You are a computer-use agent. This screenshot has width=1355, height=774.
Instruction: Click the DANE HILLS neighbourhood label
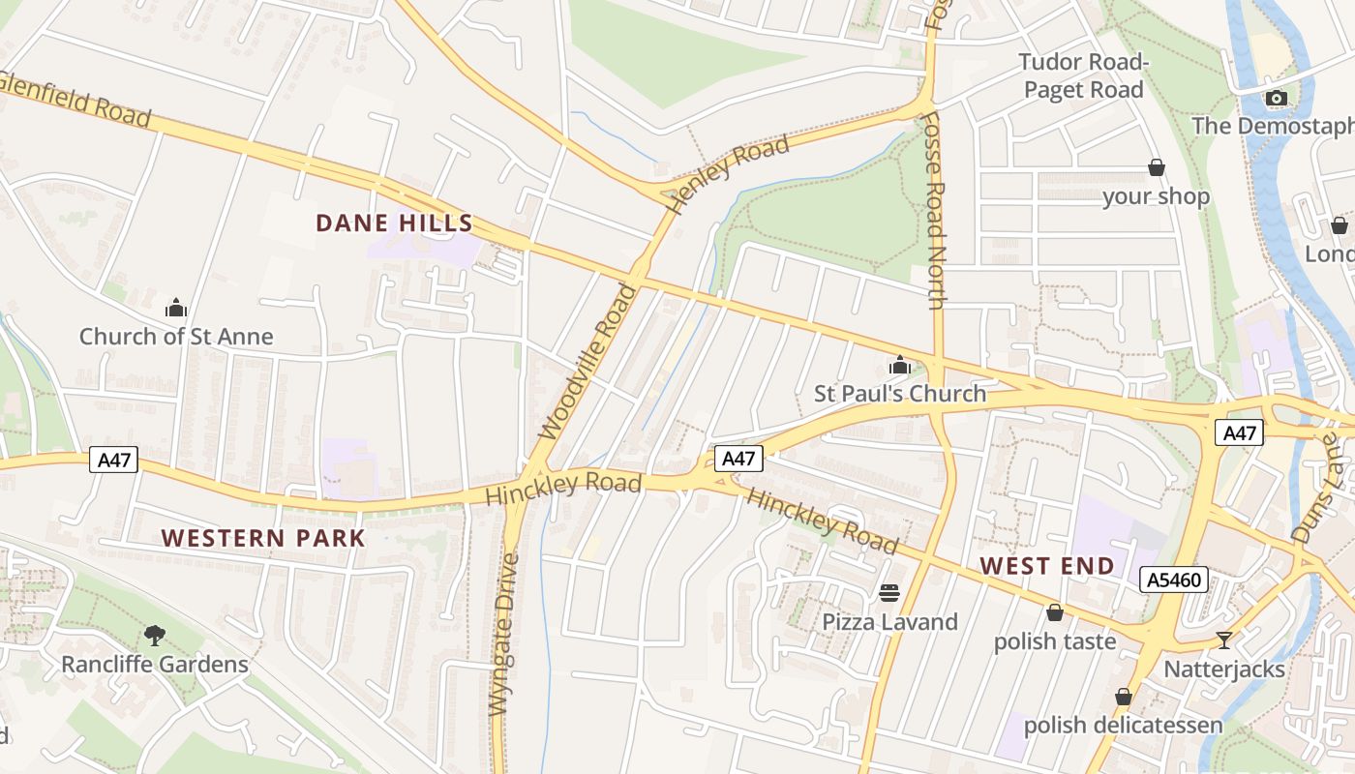394,223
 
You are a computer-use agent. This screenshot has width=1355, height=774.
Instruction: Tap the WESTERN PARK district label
263,538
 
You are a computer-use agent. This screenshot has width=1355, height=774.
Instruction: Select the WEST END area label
1047,565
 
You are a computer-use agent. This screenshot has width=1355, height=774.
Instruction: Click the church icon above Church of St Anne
176,308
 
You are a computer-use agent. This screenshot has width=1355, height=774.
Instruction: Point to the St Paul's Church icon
900,366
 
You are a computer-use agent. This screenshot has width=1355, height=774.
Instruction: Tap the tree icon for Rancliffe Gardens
155,635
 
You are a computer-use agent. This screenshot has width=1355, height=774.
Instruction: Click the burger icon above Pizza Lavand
889,592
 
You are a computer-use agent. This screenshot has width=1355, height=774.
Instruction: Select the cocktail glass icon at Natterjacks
1224,640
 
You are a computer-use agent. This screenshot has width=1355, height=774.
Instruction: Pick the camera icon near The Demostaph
1277,98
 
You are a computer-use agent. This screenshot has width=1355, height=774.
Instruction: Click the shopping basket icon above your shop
1156,167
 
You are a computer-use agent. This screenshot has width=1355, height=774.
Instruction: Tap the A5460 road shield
1175,580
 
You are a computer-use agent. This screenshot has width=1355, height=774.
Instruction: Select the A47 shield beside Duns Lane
1239,432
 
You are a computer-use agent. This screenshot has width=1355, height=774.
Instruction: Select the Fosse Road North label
934,211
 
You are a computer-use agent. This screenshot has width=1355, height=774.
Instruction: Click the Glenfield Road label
77,99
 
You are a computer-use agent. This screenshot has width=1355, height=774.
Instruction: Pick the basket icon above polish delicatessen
1124,696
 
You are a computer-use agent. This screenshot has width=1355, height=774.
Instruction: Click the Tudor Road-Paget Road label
1083,75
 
